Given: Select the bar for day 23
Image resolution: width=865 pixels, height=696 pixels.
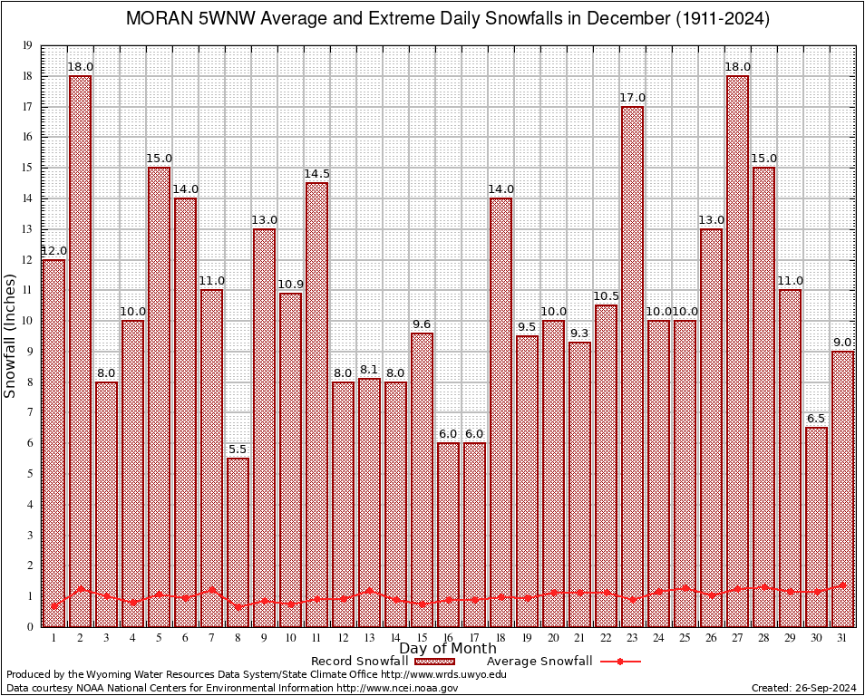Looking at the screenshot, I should coord(633,366).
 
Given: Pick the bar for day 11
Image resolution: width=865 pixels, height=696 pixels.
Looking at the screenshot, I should coord(316,404).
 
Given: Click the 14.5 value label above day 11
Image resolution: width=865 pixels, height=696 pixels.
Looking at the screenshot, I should coord(316,173).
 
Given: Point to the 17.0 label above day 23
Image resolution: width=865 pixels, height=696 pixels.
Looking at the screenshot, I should coord(633,97).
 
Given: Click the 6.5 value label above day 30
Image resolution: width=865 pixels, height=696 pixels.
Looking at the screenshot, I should coord(817,418).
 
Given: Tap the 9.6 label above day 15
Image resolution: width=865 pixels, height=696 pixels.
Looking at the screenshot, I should coord(422,324).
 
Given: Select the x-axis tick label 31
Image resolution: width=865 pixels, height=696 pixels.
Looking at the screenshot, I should coord(843,638).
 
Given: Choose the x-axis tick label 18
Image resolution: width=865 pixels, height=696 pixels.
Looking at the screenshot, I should coord(501,638).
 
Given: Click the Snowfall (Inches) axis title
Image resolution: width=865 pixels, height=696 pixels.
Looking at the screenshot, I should coord(11,335).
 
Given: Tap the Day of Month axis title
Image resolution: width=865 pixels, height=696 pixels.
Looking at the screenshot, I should coord(447,649).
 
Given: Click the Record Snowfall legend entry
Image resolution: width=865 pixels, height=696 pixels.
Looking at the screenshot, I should coord(358,662).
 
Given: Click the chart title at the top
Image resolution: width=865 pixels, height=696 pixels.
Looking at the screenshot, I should coord(447,19).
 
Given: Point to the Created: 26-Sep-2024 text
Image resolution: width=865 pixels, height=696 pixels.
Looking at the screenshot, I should coord(803,688).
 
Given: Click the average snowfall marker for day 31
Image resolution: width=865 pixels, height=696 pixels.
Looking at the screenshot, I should coord(843,585).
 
